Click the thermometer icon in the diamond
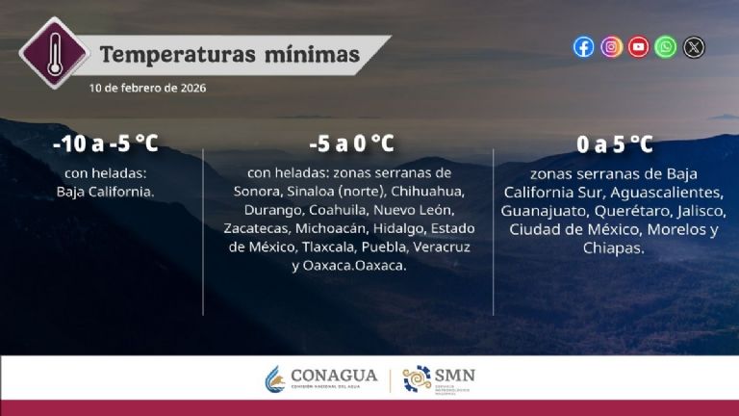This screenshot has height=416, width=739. point(55,52)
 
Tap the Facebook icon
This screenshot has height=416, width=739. point(583,47)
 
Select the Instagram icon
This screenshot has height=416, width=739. point(611,47)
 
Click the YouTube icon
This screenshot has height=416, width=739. point(638,47)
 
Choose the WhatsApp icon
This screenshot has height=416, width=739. point(666,47)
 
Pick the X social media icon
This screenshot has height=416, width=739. point(694,47)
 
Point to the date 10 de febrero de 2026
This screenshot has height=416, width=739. point(147,88)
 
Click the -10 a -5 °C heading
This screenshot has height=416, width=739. point(106,144)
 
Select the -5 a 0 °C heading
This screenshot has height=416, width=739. point(351,144)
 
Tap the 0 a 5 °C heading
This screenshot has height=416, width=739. point(614,144)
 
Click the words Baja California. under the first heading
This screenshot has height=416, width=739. point(106,192)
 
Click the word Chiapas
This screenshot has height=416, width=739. point(613,247)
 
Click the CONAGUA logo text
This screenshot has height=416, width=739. point(334,376)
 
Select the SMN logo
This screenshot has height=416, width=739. point(438,378)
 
